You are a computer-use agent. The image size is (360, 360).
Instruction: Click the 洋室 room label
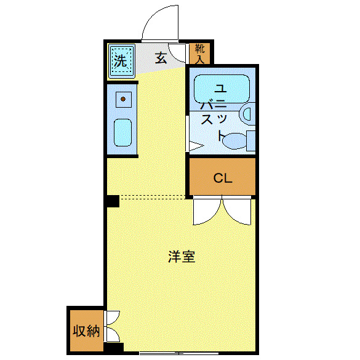[x=182, y=257]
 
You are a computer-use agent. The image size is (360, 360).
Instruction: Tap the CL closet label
[x=222, y=178]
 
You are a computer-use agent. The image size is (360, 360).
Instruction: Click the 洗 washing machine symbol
[x=121, y=61]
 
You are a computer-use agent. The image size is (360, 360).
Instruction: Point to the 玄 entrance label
[x=161, y=59]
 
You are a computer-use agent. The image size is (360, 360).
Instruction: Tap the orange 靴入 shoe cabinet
[x=199, y=54]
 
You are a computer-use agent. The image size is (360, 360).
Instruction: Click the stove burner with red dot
[x=123, y=98]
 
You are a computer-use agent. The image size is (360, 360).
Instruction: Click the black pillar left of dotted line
[x=112, y=201]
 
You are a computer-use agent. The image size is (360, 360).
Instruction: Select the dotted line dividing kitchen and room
[x=154, y=198]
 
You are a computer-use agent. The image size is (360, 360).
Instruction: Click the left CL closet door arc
[x=206, y=213]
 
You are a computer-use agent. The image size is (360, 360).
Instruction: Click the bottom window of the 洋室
[x=178, y=353]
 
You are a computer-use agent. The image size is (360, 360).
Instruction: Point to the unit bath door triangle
[x=195, y=146]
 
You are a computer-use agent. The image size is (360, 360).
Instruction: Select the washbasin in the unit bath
[x=247, y=113]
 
